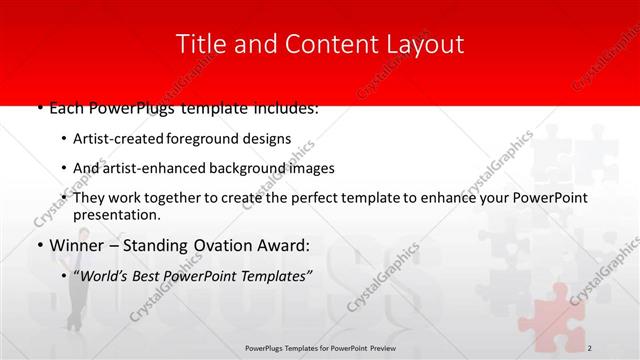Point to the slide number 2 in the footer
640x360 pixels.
(590, 347)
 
